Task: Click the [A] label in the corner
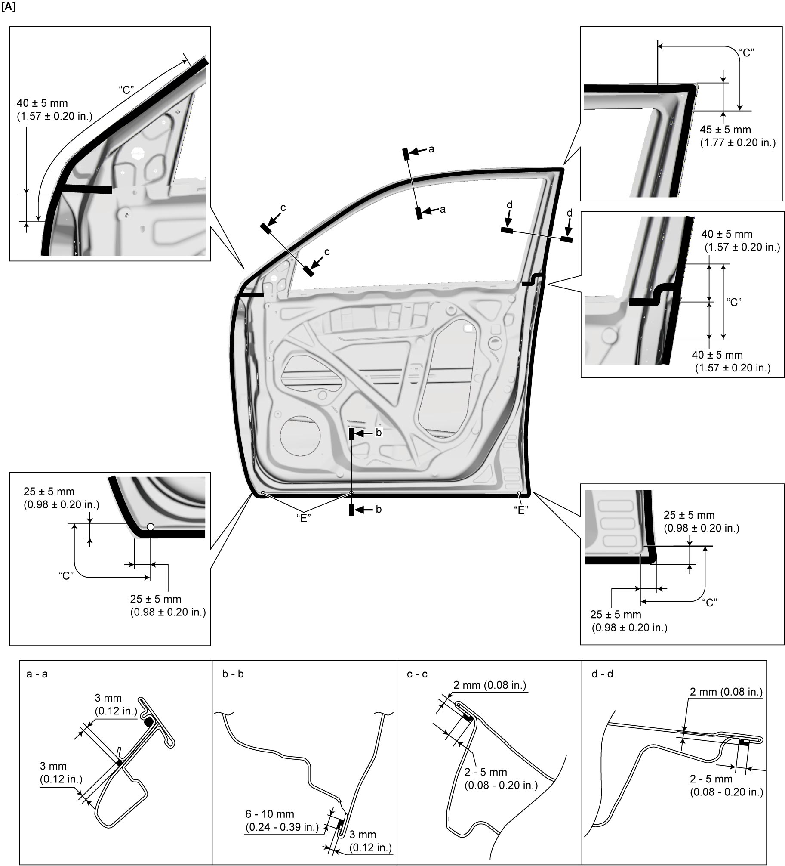(x=9, y=8)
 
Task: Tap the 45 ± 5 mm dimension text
(x=725, y=130)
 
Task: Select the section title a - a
(x=37, y=674)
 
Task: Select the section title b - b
(x=233, y=674)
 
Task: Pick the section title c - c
(x=417, y=674)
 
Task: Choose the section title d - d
(x=603, y=674)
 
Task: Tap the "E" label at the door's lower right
(x=521, y=510)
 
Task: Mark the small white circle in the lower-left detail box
(x=150, y=527)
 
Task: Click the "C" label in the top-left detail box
(x=126, y=90)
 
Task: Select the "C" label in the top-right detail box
(x=746, y=53)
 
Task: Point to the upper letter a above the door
(x=431, y=149)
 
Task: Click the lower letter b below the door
(x=379, y=509)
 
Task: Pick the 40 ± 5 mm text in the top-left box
(x=42, y=103)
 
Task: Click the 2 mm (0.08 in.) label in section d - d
(x=727, y=692)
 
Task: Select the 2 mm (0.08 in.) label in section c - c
(x=490, y=685)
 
